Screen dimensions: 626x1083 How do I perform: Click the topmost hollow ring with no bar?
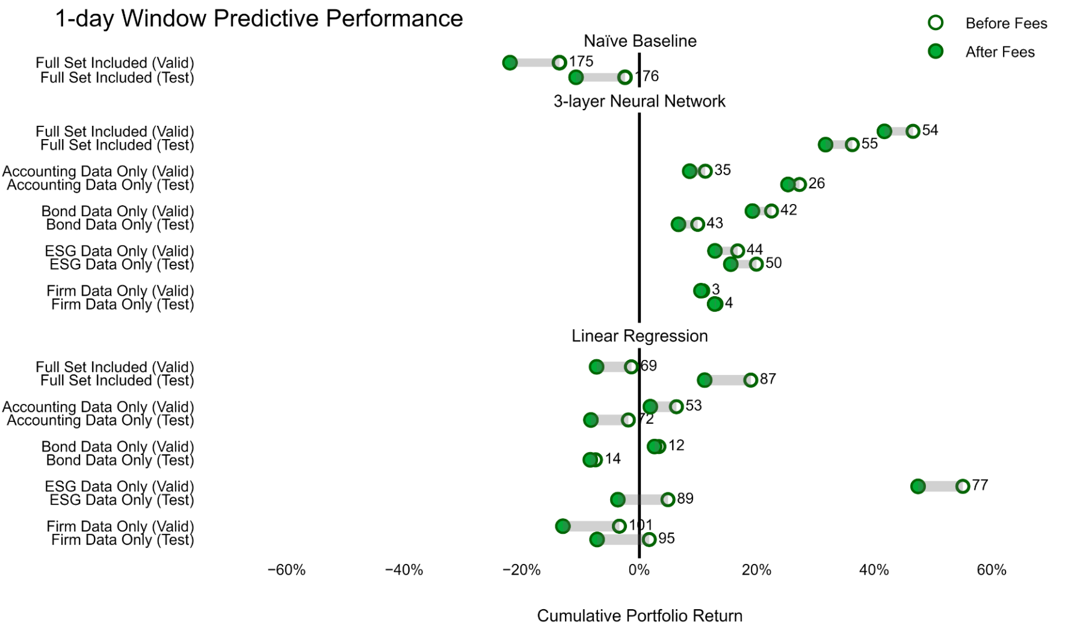point(935,23)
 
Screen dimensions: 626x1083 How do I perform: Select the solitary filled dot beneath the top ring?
point(935,51)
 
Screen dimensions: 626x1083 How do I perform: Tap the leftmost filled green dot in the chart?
point(510,63)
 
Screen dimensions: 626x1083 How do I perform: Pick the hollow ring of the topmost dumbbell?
point(559,63)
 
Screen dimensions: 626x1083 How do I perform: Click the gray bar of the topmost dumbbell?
point(534,63)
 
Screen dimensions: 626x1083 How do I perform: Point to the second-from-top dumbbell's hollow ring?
point(625,77)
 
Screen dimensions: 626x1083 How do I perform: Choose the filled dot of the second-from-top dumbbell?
point(576,77)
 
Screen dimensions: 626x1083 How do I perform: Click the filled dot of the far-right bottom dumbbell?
point(918,486)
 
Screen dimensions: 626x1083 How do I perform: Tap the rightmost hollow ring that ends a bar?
point(963,486)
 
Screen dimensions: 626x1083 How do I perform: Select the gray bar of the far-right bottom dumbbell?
point(940,486)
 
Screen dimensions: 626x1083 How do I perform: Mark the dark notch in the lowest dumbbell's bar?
point(640,539)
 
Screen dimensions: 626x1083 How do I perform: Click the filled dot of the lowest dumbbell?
point(597,539)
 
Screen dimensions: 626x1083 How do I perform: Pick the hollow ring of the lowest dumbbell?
point(649,539)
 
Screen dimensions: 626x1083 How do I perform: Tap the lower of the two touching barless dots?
point(715,304)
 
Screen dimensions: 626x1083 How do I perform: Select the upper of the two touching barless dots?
point(701,291)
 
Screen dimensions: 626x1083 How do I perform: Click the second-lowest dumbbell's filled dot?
point(563,526)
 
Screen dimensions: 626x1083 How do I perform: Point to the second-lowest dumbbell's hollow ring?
point(619,526)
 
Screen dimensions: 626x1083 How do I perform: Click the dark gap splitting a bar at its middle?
point(640,500)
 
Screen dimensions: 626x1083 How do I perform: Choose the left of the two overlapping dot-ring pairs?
point(591,460)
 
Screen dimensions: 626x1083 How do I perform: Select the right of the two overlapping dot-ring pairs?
point(656,447)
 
